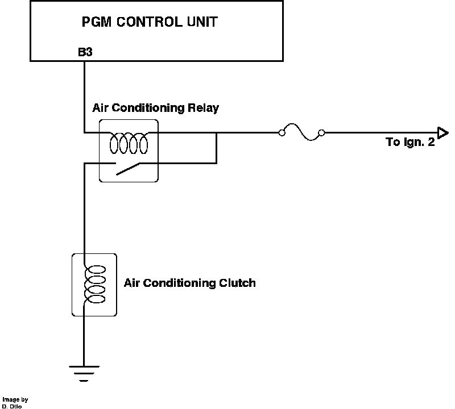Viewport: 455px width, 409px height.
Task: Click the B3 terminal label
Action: pos(85,53)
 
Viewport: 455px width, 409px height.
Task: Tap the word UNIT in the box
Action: pos(198,23)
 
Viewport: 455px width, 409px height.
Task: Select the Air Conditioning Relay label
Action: pos(155,108)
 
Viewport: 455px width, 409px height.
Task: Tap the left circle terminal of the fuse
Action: pos(282,133)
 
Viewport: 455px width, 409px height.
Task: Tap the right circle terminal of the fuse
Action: pos(321,133)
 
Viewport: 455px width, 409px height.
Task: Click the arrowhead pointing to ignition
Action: pos(441,133)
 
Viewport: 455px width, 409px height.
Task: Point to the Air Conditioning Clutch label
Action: pos(189,283)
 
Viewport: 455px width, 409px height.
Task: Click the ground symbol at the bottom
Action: pos(84,373)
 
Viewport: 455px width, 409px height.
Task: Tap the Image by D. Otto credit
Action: pos(14,403)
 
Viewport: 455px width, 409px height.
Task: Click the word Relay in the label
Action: pos(203,108)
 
